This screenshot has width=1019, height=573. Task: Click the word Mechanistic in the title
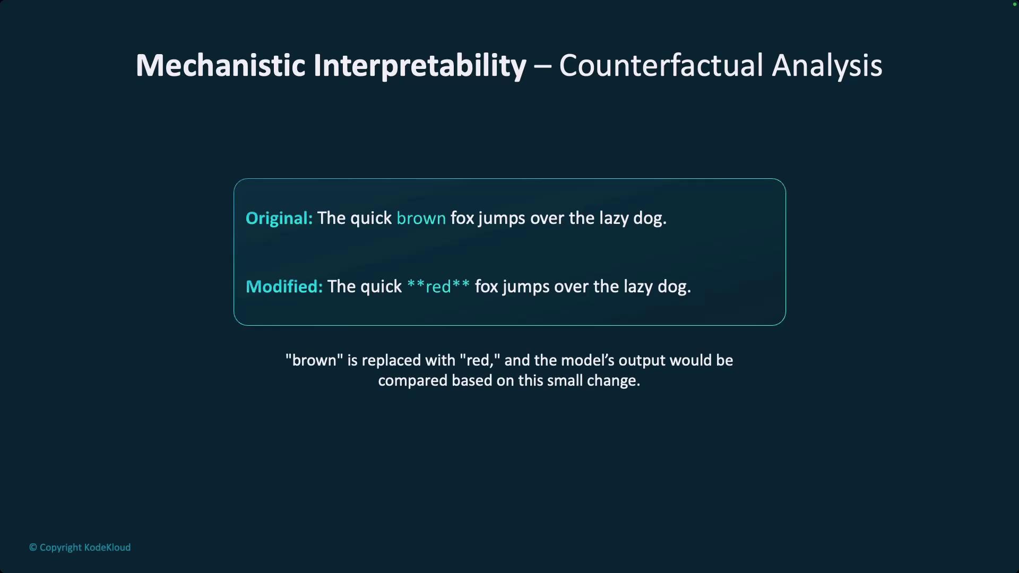tap(221, 65)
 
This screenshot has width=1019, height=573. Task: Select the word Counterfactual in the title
tap(661, 65)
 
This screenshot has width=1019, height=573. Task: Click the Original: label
tap(279, 219)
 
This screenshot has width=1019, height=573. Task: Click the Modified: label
tap(284, 286)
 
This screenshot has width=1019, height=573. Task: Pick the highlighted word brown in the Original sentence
tap(421, 218)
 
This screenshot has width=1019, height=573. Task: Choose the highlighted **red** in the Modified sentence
tap(438, 286)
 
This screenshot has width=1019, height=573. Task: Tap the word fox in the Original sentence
tap(462, 218)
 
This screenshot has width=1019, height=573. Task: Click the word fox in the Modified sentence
tap(487, 286)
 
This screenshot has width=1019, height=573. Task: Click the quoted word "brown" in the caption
tap(314, 360)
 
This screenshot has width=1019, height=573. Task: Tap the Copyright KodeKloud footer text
tap(80, 548)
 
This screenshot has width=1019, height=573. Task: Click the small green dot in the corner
tap(1014, 4)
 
